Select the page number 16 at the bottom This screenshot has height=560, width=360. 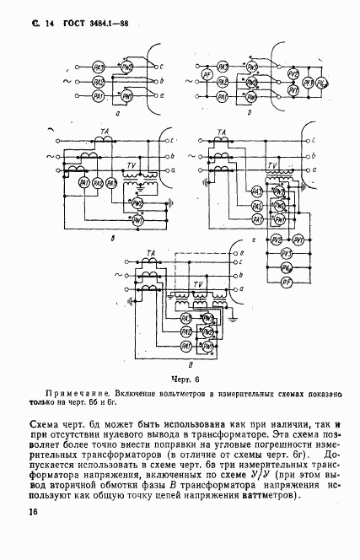coord(34,511)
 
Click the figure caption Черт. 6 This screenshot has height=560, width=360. coord(180,380)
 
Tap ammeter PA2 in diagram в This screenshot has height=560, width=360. coord(98,183)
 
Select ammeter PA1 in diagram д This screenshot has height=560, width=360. coord(185,346)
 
